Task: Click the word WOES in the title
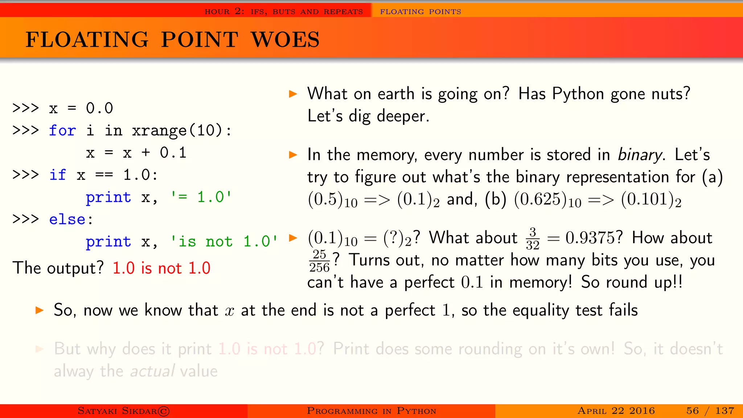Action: click(285, 40)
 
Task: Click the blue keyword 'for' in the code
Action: click(62, 131)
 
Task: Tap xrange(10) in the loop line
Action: click(177, 131)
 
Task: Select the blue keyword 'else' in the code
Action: click(67, 220)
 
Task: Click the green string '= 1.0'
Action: click(201, 197)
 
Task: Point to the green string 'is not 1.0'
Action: click(224, 242)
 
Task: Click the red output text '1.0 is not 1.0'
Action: click(161, 269)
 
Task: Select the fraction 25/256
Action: click(319, 261)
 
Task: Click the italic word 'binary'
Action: click(640, 155)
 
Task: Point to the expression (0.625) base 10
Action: click(547, 200)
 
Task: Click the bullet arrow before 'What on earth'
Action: click(293, 94)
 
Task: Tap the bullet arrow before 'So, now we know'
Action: click(40, 311)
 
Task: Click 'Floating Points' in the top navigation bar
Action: click(420, 12)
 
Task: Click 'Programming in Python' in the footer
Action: click(371, 411)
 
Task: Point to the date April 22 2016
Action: click(616, 411)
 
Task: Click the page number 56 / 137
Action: click(710, 411)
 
